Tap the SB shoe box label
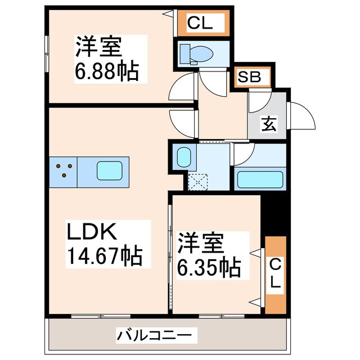(x=251, y=77)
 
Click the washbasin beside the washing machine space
(x=183, y=156)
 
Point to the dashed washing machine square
(x=198, y=181)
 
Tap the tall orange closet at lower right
(x=274, y=276)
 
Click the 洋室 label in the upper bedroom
(x=99, y=47)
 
